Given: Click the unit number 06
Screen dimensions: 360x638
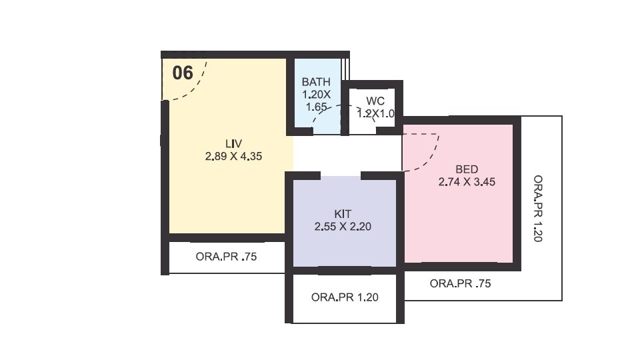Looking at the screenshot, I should (x=183, y=73).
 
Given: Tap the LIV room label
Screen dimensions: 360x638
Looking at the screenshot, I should (x=233, y=144).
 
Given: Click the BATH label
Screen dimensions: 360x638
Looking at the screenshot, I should (x=315, y=82).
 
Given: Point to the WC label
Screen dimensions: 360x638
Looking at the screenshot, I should (x=375, y=101).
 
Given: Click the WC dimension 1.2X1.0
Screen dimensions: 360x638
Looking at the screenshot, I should (x=376, y=114).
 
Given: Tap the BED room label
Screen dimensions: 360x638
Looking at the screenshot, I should (x=467, y=169).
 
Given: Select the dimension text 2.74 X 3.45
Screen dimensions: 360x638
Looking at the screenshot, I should (x=467, y=181).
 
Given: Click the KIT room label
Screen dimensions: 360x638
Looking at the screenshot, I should (x=343, y=213).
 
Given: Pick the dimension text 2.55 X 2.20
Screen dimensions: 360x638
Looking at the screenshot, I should (x=343, y=226).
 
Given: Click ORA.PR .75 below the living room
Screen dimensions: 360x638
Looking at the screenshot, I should (x=227, y=256).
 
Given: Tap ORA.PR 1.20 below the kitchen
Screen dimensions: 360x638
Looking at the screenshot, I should (x=345, y=297).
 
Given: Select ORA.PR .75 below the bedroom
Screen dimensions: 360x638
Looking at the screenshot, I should (x=460, y=283).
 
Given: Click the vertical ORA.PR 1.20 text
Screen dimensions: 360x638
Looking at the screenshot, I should (x=538, y=208).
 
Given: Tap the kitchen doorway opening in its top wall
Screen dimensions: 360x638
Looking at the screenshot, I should (x=341, y=176).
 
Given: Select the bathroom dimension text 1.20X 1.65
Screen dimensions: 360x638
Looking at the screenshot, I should (x=315, y=100).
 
